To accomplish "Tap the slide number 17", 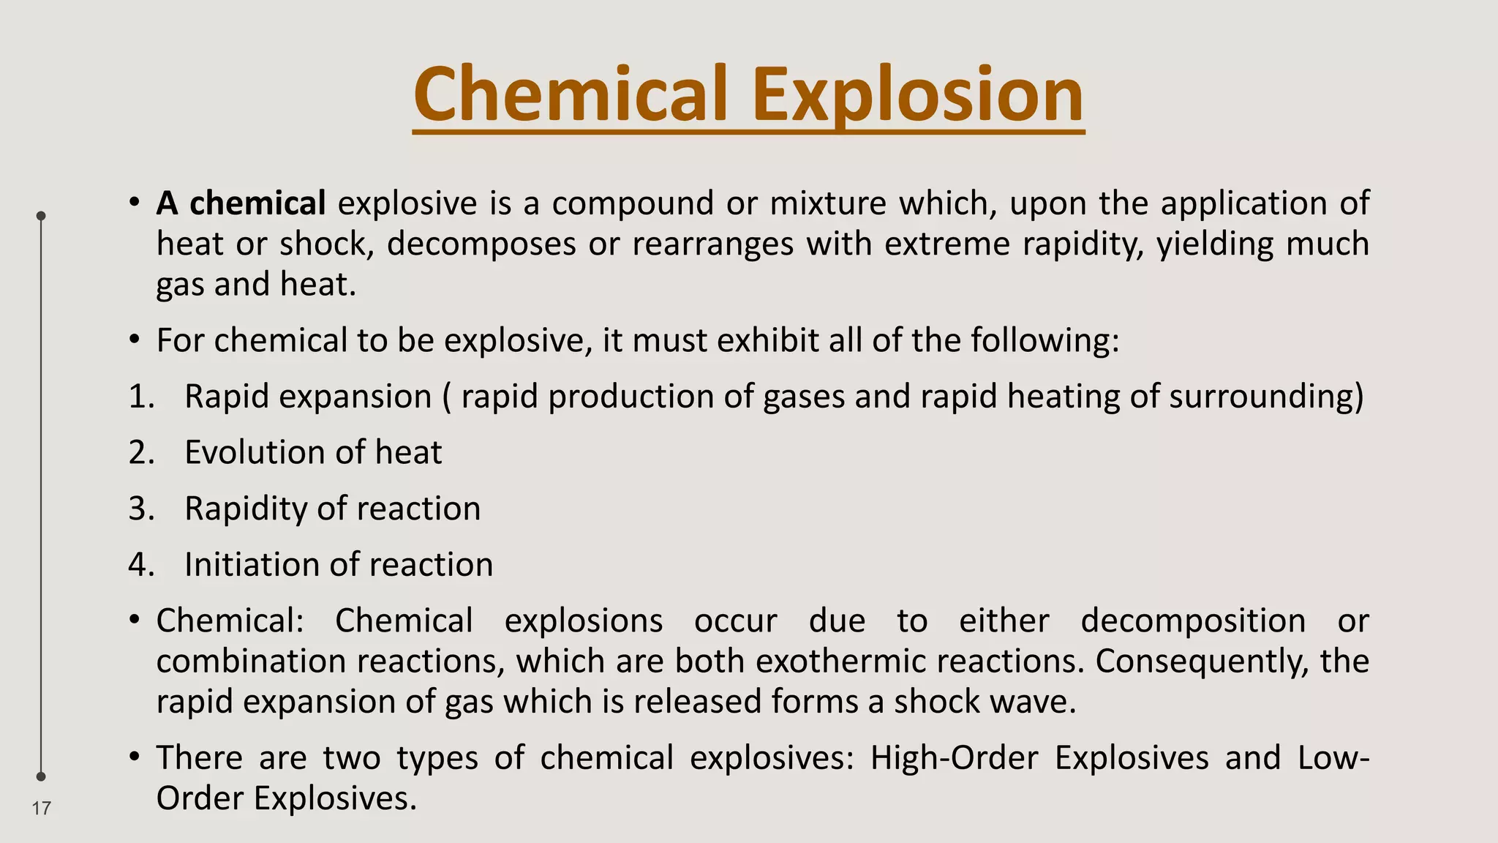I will pyautogui.click(x=42, y=808).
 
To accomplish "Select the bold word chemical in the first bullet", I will pyautogui.click(x=257, y=203).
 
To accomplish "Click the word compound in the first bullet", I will pyautogui.click(x=633, y=203).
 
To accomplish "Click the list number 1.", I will pyautogui.click(x=141, y=397).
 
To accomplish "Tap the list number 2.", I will pyautogui.click(x=141, y=453).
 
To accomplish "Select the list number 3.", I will pyautogui.click(x=141, y=509).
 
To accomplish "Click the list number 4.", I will pyautogui.click(x=141, y=565).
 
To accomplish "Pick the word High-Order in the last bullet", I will pyautogui.click(x=954, y=758).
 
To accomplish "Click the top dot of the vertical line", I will pyautogui.click(x=41, y=216).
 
